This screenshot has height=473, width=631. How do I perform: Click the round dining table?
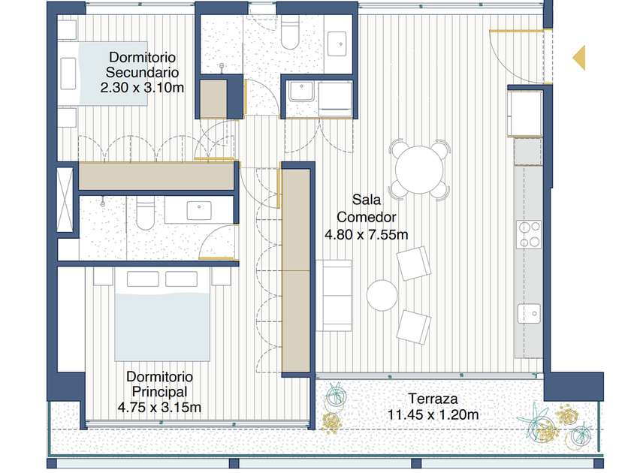point(419,170)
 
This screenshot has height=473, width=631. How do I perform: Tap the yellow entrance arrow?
point(579,58)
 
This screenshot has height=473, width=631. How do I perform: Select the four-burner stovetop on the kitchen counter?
point(529,234)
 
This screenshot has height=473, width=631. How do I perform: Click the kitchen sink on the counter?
point(529,313)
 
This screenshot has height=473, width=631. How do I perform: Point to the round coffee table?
point(382,295)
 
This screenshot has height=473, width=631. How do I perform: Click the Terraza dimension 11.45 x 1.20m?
point(433,414)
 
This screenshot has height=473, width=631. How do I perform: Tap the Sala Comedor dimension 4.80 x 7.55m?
point(367,234)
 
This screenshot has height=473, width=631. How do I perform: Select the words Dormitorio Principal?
point(160,384)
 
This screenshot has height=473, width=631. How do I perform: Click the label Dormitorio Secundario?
point(142,65)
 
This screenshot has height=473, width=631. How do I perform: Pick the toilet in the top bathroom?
point(290,32)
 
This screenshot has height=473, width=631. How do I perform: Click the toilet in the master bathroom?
point(145,212)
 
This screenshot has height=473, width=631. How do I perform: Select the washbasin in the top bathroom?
point(337,44)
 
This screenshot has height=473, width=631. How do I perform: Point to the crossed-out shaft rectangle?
point(65,200)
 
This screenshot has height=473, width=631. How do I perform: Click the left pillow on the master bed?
point(143,279)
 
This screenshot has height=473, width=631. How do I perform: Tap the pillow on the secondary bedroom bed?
point(68,74)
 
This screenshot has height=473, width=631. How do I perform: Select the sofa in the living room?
point(334,296)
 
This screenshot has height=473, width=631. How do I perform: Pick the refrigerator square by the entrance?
point(525,113)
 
